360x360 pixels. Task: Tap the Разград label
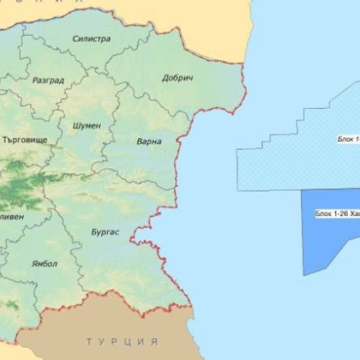[x=49, y=81]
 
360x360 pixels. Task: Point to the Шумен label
[x=87, y=125]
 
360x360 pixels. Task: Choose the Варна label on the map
[x=149, y=142]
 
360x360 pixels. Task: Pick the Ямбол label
[x=45, y=264]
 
